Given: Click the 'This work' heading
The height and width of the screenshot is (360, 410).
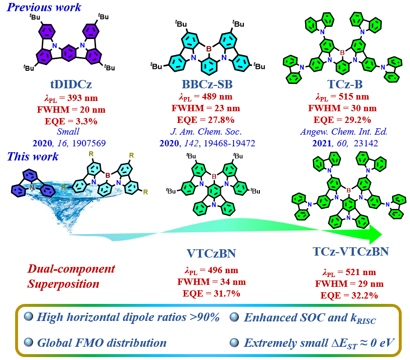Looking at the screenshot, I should pos(33,157).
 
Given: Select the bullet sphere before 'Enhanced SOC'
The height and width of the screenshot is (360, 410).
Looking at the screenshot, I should pos(234,318).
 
